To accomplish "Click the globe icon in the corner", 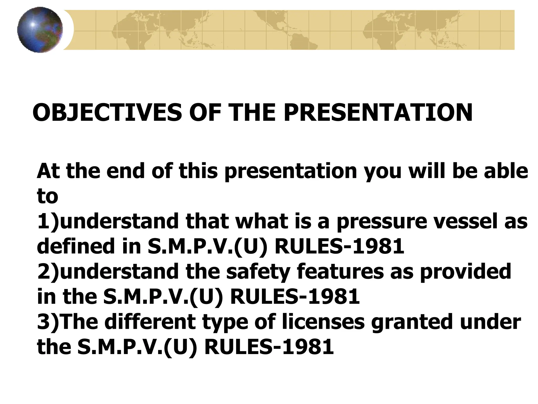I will tap(40, 30).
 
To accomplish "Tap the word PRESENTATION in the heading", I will tap(378, 113).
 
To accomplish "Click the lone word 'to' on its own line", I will tap(48, 196).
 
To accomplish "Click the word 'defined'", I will tap(76, 246).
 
